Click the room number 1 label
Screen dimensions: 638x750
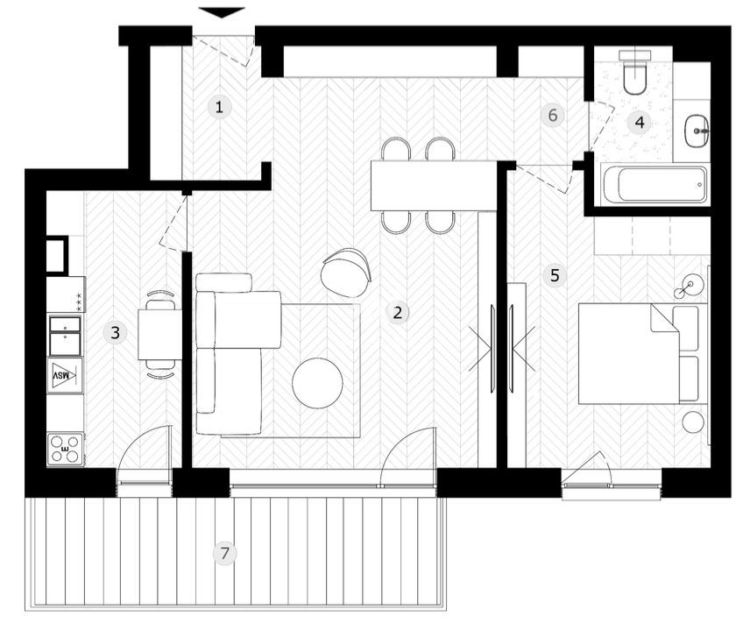(x=220, y=108)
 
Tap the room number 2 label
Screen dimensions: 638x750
(x=398, y=312)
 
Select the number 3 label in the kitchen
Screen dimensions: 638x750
(x=114, y=332)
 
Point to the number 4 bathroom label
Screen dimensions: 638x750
(x=640, y=123)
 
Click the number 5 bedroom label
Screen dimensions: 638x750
(x=554, y=275)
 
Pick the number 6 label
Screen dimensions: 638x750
(x=551, y=115)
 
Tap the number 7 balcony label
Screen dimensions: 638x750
(x=225, y=553)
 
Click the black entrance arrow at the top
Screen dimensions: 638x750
(x=222, y=12)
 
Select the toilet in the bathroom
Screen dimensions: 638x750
(x=633, y=73)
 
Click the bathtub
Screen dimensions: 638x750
(x=655, y=185)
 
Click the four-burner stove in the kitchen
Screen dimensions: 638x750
(x=66, y=449)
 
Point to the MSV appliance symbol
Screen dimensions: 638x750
(x=64, y=375)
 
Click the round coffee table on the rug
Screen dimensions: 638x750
(x=317, y=384)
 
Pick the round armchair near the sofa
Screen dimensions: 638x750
(x=347, y=271)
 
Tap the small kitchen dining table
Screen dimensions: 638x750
(x=159, y=334)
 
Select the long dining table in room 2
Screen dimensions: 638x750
(x=433, y=185)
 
